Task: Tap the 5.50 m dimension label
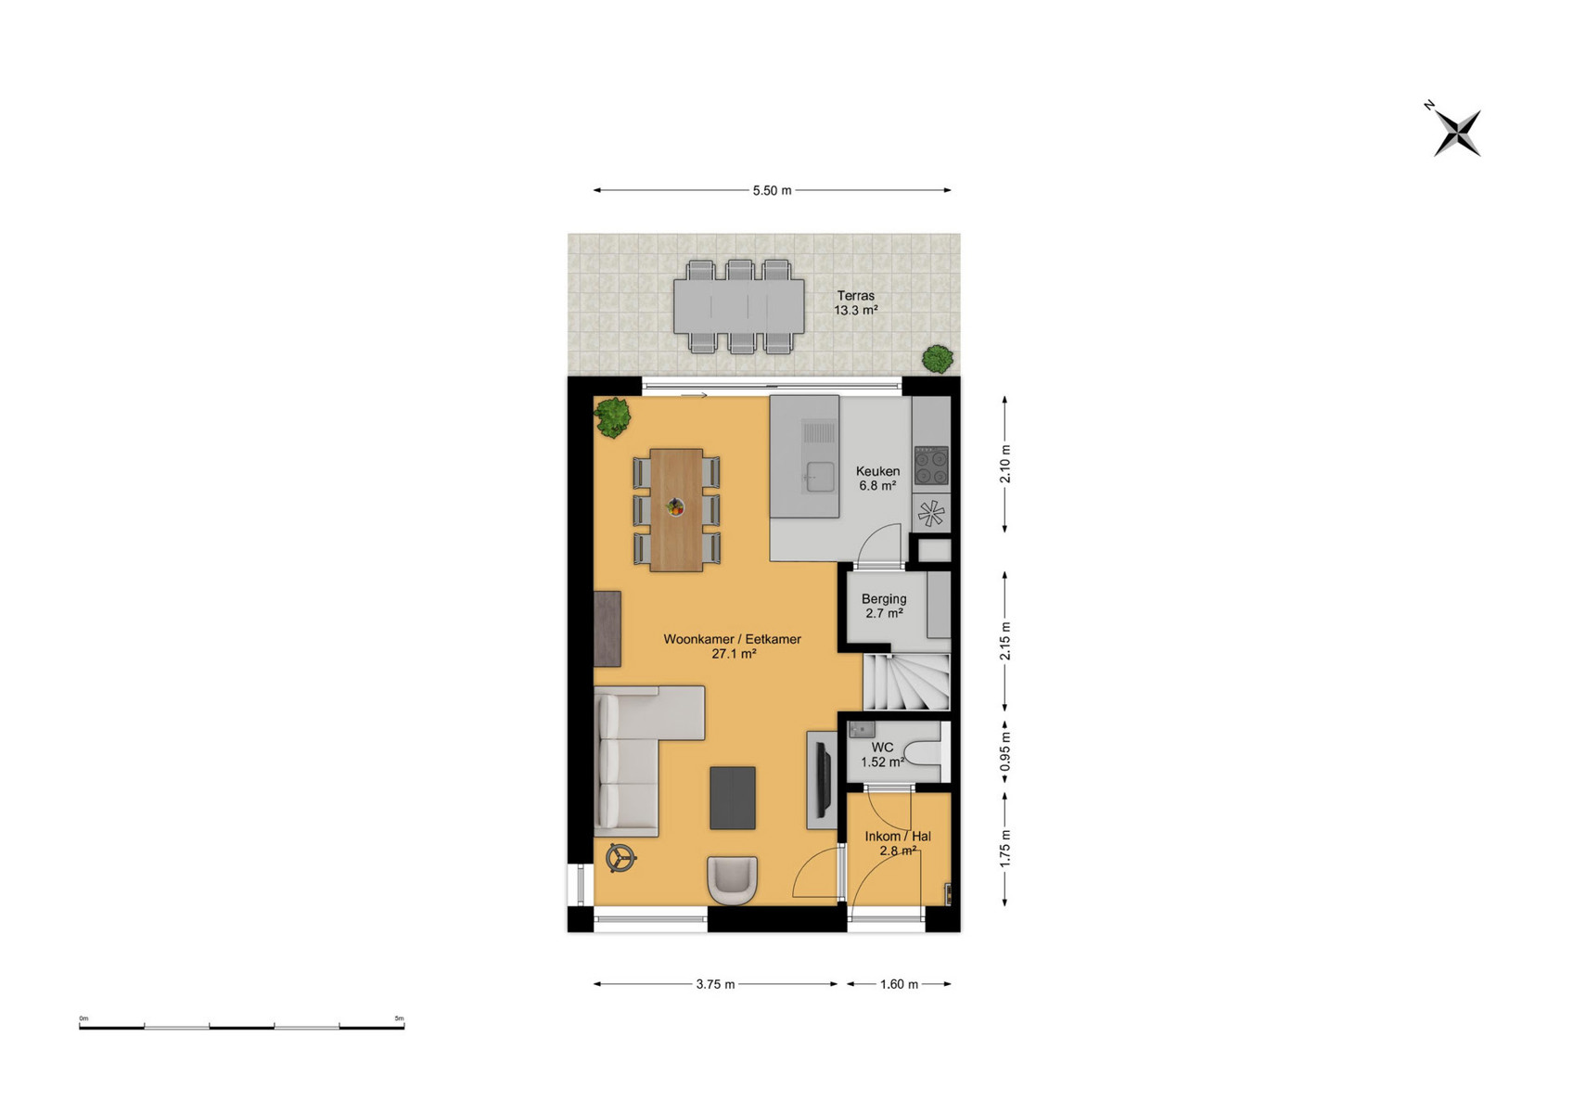coord(772,190)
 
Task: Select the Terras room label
coord(855,296)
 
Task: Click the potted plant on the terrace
coord(938,359)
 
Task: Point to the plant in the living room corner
coord(612,417)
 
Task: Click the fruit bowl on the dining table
coord(675,506)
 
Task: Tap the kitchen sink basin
coord(820,477)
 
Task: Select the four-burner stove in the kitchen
coord(931,466)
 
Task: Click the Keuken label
coord(877,471)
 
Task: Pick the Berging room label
coord(884,599)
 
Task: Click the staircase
coord(906,682)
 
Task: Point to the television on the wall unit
coord(824,779)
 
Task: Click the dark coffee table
coord(733,798)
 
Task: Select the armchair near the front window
coord(733,880)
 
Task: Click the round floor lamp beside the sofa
coord(620,857)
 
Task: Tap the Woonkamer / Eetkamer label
coord(733,639)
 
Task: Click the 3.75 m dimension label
coord(716,984)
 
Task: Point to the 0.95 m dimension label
coord(1005,751)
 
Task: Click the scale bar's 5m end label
coord(400,1018)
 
